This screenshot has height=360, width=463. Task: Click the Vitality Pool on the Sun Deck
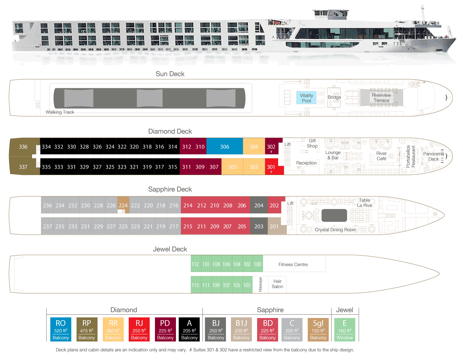coord(306,98)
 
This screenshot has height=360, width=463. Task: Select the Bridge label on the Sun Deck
coord(334,97)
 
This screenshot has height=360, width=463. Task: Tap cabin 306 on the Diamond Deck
coord(224,147)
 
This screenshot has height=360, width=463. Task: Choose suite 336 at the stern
coord(23,147)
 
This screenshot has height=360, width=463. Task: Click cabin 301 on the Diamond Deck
coord(271,167)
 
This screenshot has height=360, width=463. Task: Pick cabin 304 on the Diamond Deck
coord(254,147)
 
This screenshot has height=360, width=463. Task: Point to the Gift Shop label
coord(312,143)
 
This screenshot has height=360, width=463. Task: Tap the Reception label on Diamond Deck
coord(306,163)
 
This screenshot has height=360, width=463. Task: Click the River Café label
coord(381,156)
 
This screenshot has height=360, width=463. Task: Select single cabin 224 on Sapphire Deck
coord(123,205)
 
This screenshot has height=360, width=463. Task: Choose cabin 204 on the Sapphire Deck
coord(259,205)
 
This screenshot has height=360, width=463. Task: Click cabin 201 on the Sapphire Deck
coord(274,226)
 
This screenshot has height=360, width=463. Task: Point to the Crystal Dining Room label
coord(336,230)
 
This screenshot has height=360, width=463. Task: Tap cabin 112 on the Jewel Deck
coord(195,264)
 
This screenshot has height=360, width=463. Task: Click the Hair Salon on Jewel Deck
coord(277,284)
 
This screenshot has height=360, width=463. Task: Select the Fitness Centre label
coord(293,265)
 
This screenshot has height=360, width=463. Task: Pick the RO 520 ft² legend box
coord(60,329)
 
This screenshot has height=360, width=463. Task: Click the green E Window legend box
coord(344,329)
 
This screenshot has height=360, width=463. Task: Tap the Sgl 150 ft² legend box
coord(318,329)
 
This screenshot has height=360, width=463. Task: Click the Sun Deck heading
coord(170,74)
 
